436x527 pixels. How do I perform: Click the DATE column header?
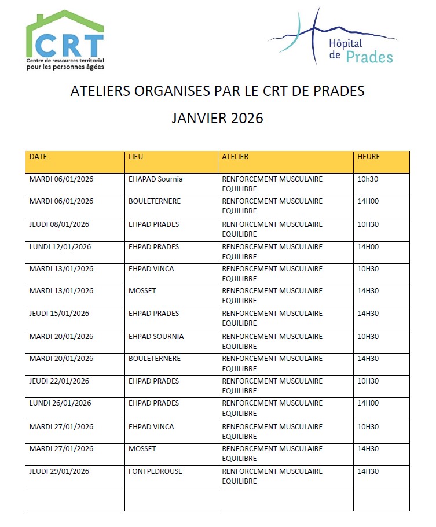38,156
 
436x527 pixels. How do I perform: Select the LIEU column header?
135,156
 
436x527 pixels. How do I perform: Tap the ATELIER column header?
235,156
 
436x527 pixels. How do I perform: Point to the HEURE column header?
369,156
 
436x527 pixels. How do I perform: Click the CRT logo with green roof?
65,39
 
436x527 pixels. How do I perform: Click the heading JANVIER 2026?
218,118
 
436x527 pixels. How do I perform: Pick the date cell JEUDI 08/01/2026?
59,224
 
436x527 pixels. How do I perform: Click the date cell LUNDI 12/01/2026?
60,246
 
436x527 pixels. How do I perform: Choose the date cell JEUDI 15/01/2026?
59,313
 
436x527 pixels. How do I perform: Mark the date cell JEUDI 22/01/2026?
59,381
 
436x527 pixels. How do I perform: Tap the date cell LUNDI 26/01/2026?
60,403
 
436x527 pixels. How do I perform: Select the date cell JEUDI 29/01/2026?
59,471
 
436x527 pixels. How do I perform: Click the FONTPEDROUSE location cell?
155,471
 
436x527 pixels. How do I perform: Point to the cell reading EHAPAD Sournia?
155,179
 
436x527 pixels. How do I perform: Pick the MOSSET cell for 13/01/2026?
142,290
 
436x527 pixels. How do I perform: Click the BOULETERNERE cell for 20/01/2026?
155,358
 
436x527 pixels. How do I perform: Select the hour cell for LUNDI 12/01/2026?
368,246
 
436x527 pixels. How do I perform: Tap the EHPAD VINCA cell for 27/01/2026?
151,426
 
